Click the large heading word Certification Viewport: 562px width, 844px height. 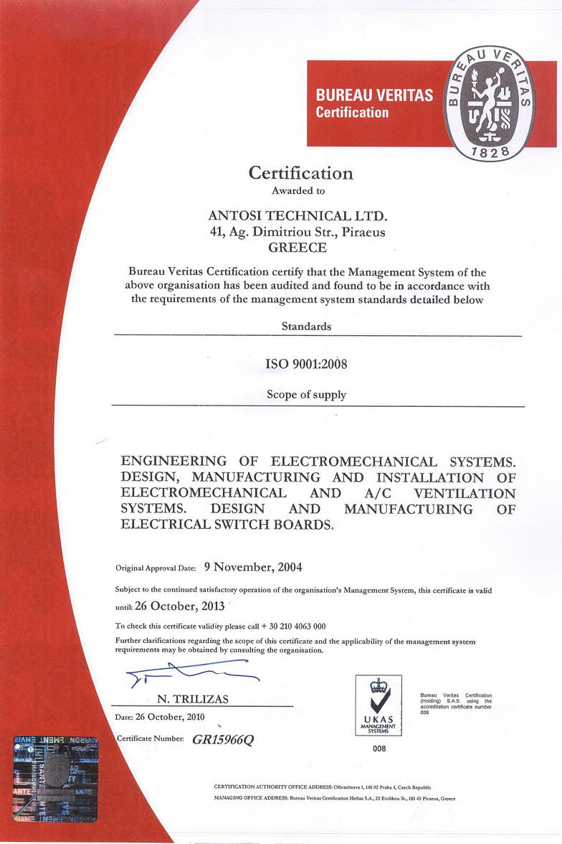[x=300, y=173]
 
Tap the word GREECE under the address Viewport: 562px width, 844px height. [x=297, y=248]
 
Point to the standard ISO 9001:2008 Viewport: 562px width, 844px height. [x=306, y=364]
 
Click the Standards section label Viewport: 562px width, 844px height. [x=307, y=326]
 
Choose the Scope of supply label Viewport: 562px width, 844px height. [x=306, y=394]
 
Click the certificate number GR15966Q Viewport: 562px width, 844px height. [x=223, y=741]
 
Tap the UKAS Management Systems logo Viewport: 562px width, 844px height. [x=378, y=705]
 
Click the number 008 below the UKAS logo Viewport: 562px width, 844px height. [x=379, y=749]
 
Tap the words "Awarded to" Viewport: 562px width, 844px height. [x=297, y=191]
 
